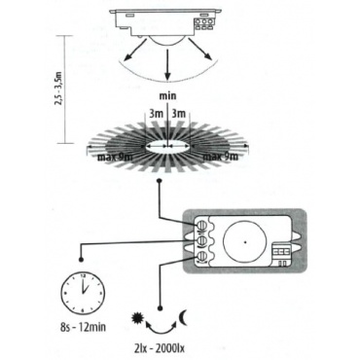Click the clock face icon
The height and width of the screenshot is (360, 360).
pyautogui.click(x=83, y=292)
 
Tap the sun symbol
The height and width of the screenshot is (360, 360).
pyautogui.click(x=136, y=318)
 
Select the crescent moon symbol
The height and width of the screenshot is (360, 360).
pyautogui.click(x=183, y=317)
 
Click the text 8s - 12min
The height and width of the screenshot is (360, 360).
pyautogui.click(x=83, y=327)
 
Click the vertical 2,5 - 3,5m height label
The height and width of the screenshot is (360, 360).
pyautogui.click(x=59, y=90)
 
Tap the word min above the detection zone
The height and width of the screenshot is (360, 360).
pyautogui.click(x=167, y=96)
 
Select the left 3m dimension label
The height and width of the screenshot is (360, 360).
pyautogui.click(x=156, y=114)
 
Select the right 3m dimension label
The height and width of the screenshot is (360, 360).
pyautogui.click(x=178, y=114)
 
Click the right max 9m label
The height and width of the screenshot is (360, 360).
pyautogui.click(x=221, y=158)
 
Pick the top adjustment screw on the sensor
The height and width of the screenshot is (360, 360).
pyautogui.click(x=201, y=225)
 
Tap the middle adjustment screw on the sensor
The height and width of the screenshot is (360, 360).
pyautogui.click(x=201, y=240)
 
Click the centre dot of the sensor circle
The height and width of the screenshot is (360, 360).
pyautogui.click(x=245, y=242)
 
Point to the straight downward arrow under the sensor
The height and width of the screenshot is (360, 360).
pyautogui.click(x=167, y=65)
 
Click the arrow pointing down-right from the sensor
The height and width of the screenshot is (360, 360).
pyautogui.click(x=200, y=50)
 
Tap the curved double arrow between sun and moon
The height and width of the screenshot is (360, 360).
pyautogui.click(x=161, y=329)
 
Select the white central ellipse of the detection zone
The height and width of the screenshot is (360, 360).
pyautogui.click(x=167, y=147)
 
